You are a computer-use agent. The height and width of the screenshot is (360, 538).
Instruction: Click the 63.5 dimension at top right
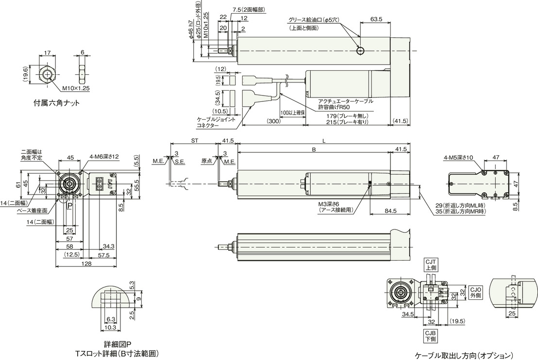point(376,19)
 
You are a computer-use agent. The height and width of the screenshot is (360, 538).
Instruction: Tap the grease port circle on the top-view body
point(360,51)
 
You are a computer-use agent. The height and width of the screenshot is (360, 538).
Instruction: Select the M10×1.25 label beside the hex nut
point(76,88)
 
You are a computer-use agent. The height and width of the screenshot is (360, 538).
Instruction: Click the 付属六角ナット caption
point(56,102)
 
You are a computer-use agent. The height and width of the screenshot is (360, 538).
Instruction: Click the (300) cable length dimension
point(273,121)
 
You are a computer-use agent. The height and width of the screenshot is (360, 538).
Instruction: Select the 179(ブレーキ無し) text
point(348,116)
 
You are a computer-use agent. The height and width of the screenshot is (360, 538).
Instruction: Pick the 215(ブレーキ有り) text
point(348,122)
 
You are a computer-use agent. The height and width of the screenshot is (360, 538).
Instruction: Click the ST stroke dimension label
point(195,141)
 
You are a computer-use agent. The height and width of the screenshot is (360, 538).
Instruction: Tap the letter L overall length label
point(324,141)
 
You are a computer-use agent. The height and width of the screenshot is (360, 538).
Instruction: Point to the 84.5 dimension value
point(390,211)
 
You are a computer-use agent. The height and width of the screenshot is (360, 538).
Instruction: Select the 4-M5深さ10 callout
point(458,158)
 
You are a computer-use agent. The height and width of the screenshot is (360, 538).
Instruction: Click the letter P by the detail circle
point(69,206)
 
